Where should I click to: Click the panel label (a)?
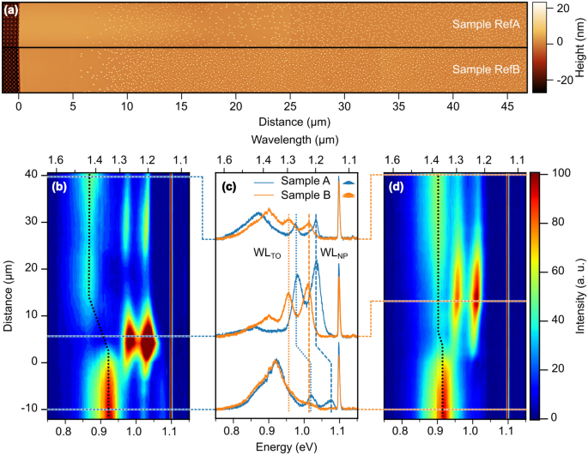(x=11, y=9)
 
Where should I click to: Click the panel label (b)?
(x=59, y=186)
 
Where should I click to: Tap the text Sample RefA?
(x=486, y=25)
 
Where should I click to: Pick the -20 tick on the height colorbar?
(x=559, y=80)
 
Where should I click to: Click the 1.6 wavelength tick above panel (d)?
(x=392, y=160)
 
